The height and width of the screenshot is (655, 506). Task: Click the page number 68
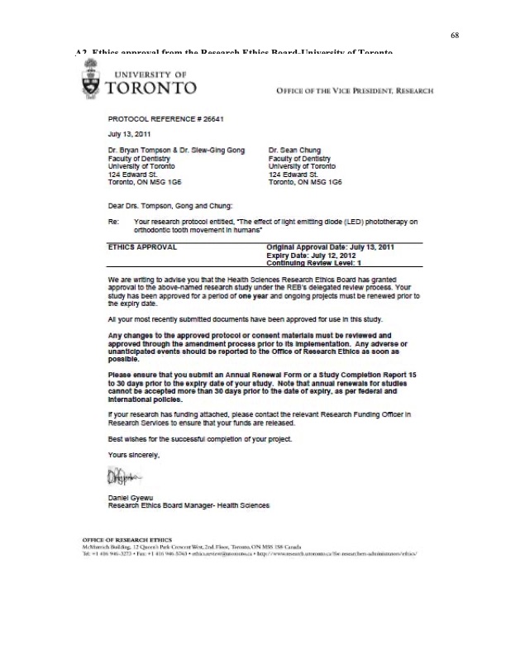click(x=455, y=36)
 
